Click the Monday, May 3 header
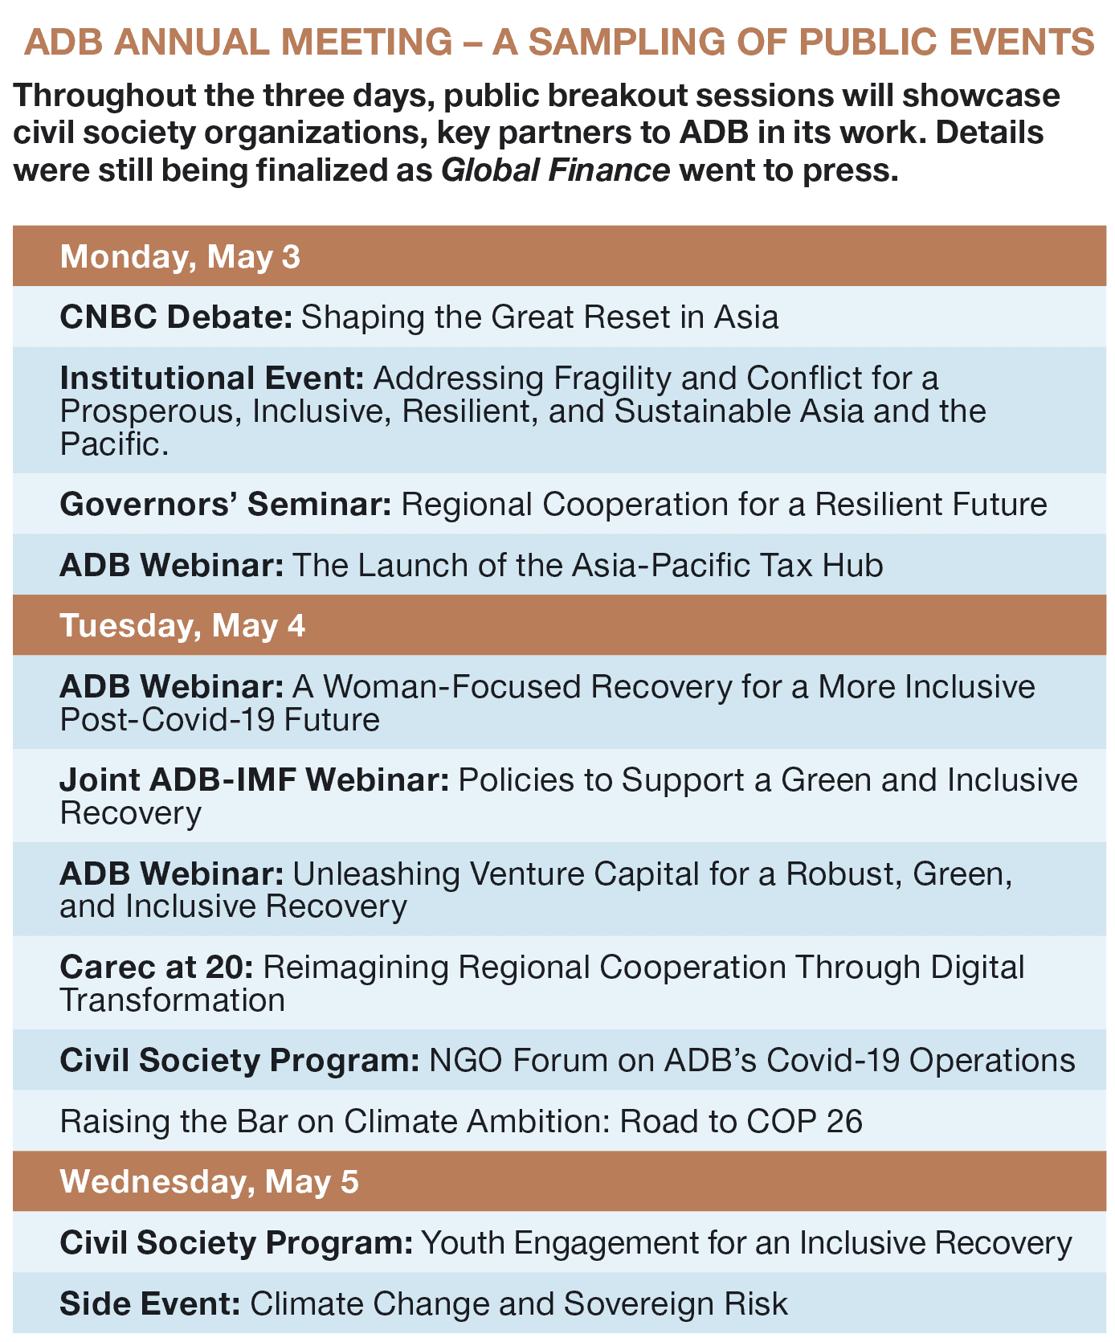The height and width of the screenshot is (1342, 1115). coord(180,256)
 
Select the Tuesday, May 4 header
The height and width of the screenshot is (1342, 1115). coord(182,625)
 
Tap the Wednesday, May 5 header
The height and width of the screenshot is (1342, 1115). coord(209,1181)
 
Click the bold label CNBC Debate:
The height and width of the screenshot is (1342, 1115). coord(176,317)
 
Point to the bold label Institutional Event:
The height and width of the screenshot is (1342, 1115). coord(212,378)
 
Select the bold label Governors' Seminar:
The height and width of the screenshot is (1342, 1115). coord(226,505)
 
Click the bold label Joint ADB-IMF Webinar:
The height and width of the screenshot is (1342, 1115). coord(255,779)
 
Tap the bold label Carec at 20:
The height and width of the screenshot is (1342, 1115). coord(157,967)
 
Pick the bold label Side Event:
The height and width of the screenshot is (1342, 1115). coord(150,1303)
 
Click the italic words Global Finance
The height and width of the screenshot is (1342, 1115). coord(556,170)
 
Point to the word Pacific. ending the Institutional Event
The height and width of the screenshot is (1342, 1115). coord(114,444)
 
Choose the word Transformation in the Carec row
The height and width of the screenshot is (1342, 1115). coord(172,1000)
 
